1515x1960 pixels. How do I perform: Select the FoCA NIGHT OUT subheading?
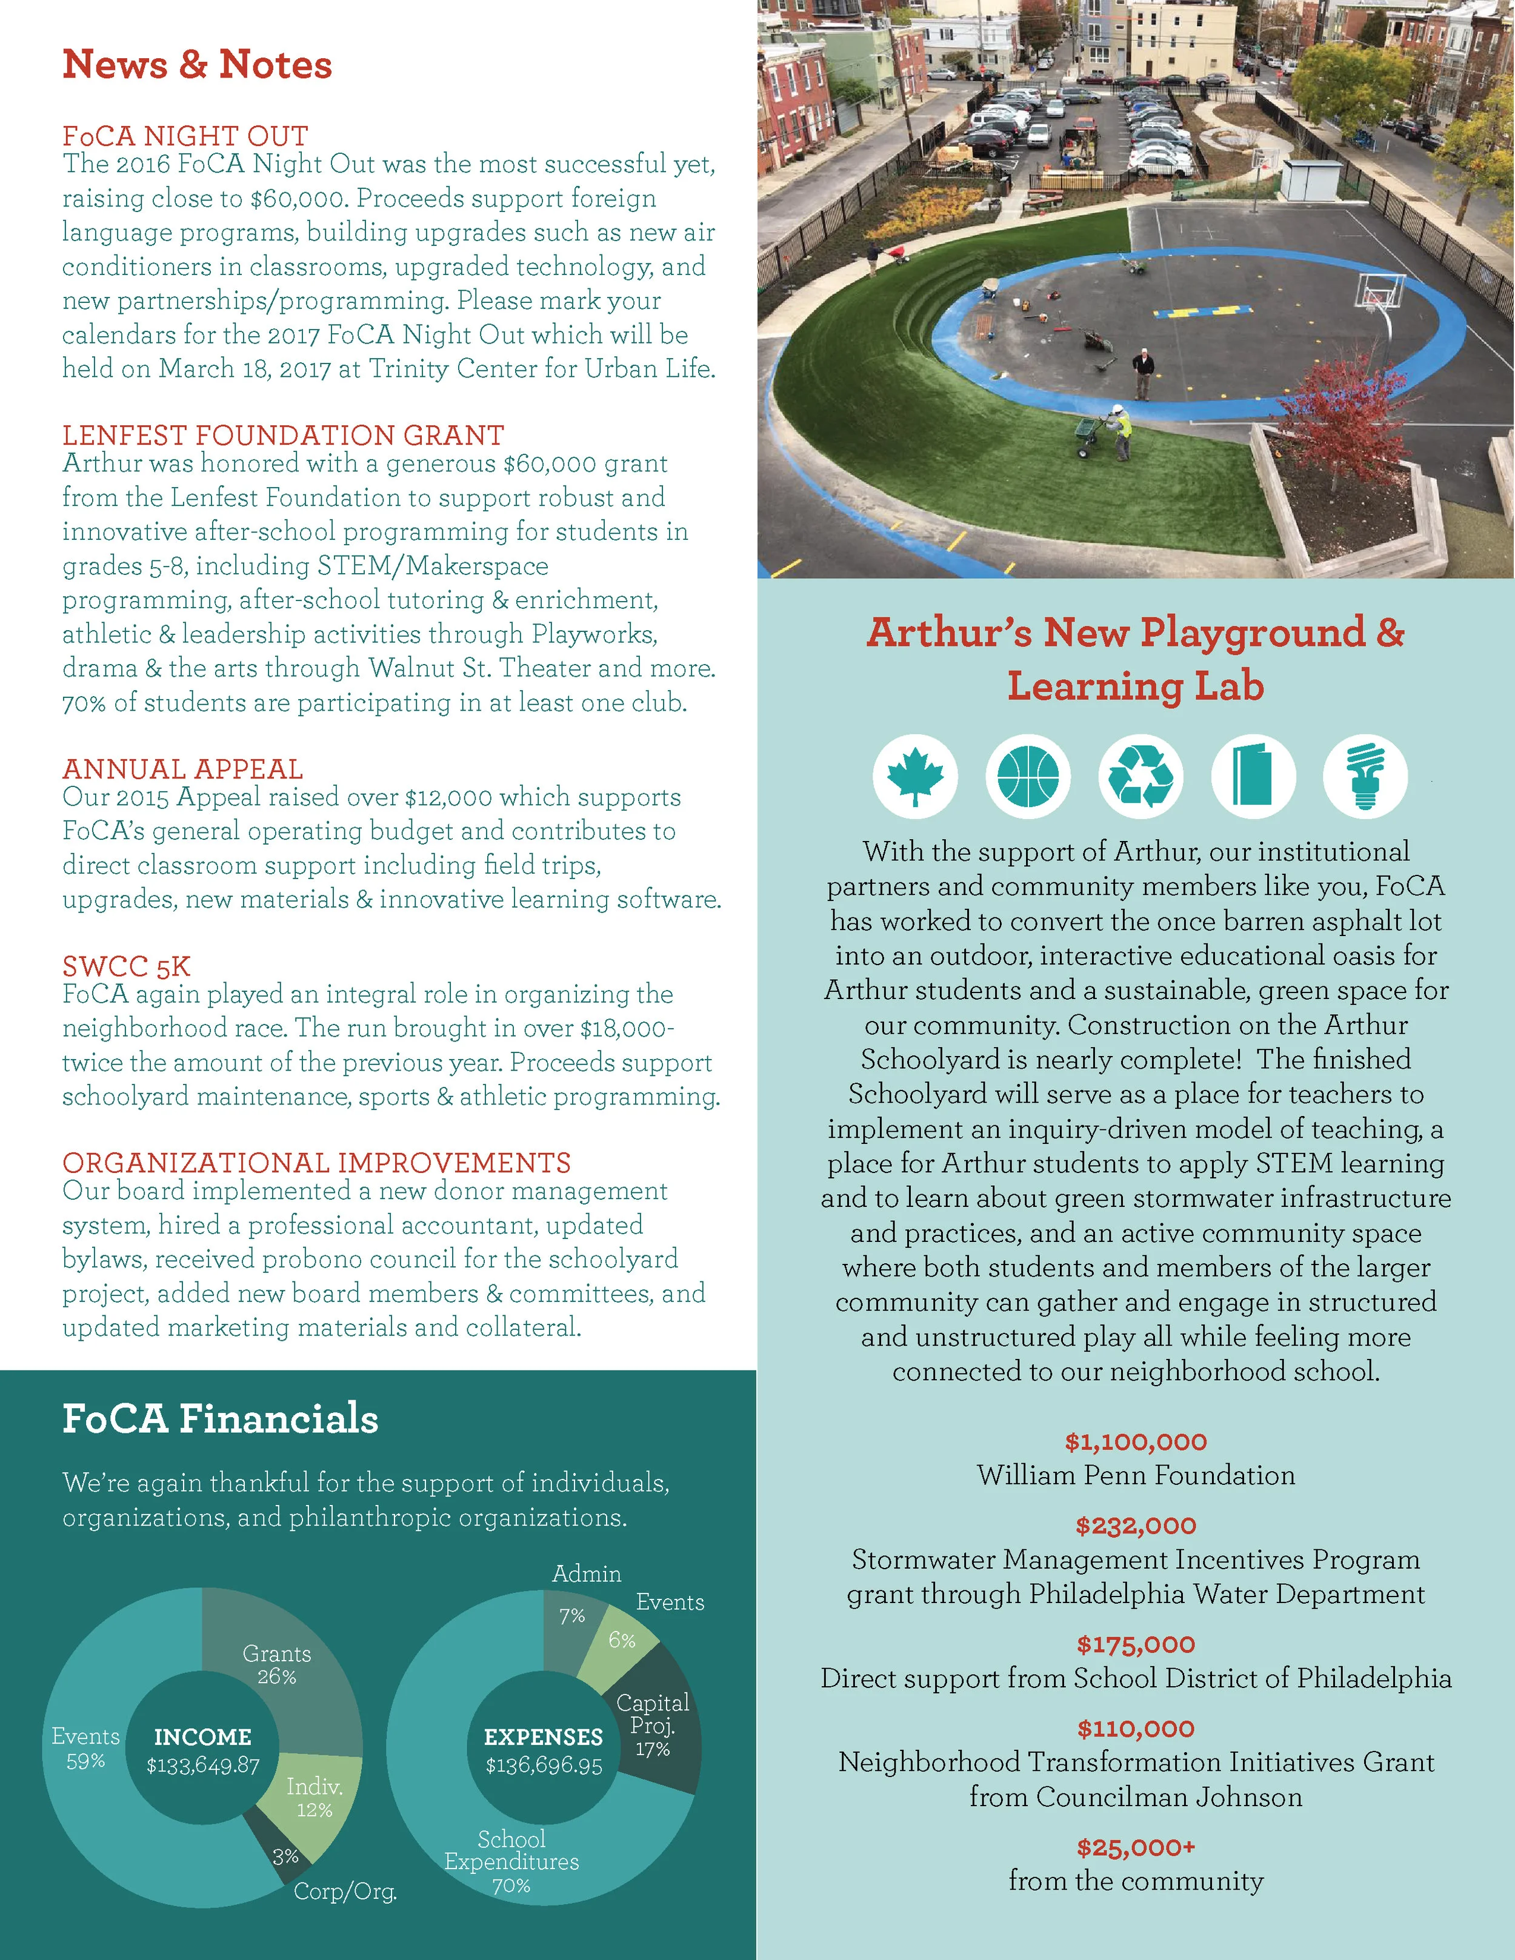pos(185,136)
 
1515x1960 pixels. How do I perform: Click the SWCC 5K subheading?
pos(127,966)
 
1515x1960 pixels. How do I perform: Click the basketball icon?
pos(1028,776)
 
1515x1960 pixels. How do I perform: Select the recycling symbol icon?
pos(1140,776)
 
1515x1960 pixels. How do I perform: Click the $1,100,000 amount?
pos(1136,1442)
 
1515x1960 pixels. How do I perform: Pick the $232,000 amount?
pos(1136,1526)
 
